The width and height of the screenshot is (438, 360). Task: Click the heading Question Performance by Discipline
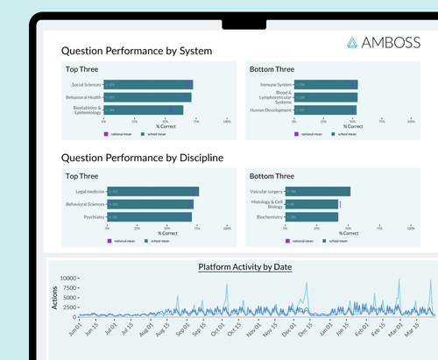coord(141,158)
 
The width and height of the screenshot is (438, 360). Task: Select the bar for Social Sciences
coord(149,85)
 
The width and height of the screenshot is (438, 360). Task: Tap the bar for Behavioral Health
coord(148,97)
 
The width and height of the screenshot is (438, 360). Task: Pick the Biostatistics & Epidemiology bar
coord(144,110)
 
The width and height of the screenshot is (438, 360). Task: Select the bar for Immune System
coord(323,85)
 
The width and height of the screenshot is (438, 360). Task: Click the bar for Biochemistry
coord(312,216)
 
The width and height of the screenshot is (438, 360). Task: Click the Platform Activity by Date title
coord(245,266)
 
